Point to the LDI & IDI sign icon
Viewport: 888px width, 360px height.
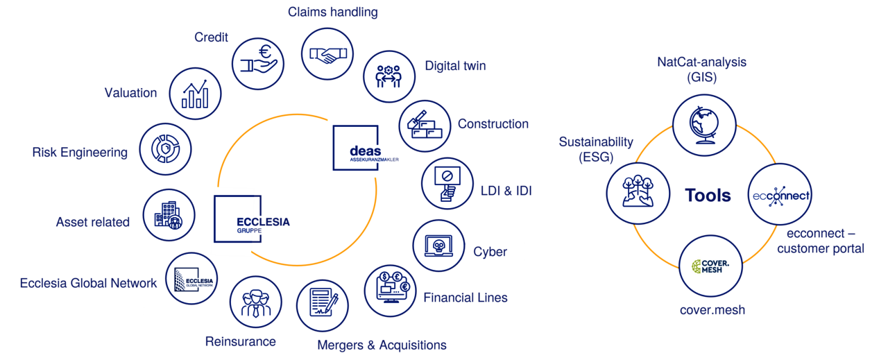coord(447,185)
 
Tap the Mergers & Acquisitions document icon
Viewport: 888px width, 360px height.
coord(323,304)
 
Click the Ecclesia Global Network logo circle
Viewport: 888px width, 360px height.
coord(191,278)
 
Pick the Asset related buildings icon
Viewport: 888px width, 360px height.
coord(169,216)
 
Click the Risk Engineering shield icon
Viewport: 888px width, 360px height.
coord(165,148)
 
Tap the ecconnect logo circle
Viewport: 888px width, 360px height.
coord(780,195)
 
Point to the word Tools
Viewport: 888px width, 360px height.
coord(708,196)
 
